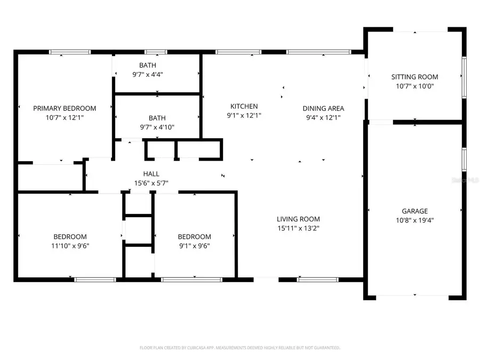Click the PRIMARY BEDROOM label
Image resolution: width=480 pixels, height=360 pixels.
point(65,108)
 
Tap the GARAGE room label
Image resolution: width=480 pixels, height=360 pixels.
point(414,211)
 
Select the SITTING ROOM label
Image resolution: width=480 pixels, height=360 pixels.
point(414,77)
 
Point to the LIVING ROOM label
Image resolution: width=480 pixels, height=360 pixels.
point(298,219)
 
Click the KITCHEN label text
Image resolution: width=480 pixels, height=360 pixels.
point(244,106)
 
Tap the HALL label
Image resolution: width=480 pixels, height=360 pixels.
point(151,174)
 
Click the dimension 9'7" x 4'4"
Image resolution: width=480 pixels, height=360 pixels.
point(148,75)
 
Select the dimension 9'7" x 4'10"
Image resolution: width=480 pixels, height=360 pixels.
point(157,127)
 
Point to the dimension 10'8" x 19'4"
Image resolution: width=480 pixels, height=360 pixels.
point(414,220)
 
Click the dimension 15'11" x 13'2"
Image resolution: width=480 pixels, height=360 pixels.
point(298,228)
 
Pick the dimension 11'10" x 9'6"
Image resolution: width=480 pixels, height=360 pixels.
point(70,246)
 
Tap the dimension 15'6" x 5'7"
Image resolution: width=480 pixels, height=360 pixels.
point(151,183)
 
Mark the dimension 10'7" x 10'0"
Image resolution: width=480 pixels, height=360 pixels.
point(414,86)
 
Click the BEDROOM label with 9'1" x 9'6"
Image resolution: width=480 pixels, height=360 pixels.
point(194,237)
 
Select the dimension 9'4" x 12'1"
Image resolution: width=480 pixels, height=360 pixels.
point(323,117)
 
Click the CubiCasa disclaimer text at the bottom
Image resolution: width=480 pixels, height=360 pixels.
point(239,348)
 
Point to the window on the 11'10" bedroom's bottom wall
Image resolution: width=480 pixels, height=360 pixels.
point(95,279)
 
